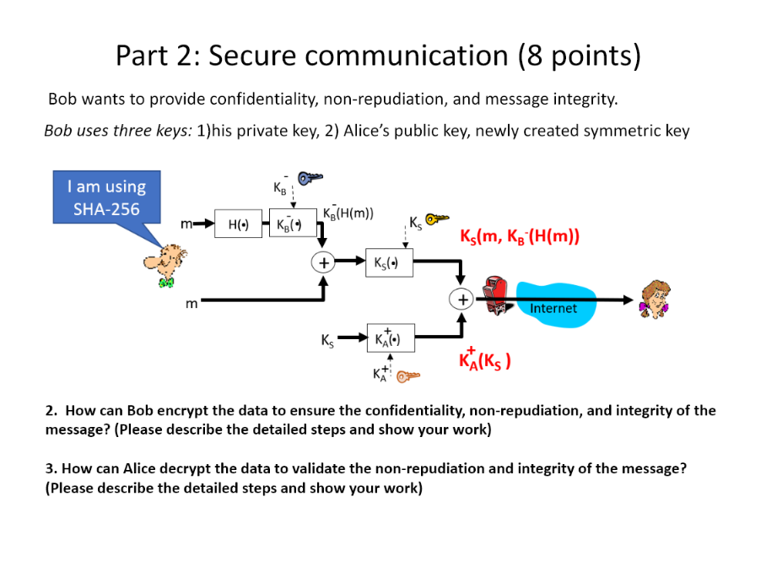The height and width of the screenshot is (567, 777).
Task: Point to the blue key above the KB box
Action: tap(310, 178)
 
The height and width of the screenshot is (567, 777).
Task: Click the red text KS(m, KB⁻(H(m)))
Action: tap(519, 236)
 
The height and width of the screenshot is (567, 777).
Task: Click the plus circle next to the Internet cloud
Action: tap(461, 299)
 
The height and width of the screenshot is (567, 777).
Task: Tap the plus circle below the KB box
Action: tap(322, 262)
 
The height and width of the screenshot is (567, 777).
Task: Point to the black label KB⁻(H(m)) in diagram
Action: tap(348, 213)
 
